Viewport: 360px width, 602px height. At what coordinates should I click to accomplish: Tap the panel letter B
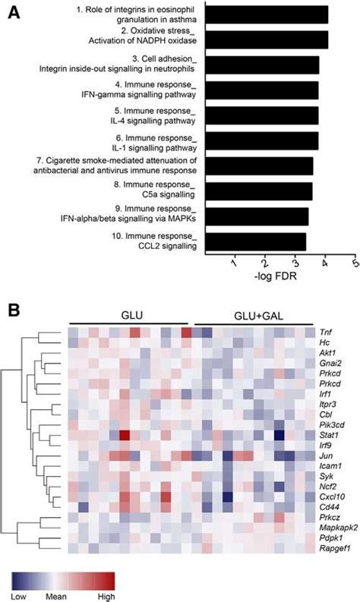point(14,310)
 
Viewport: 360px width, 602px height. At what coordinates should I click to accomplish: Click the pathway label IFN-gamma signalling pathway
point(141,95)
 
